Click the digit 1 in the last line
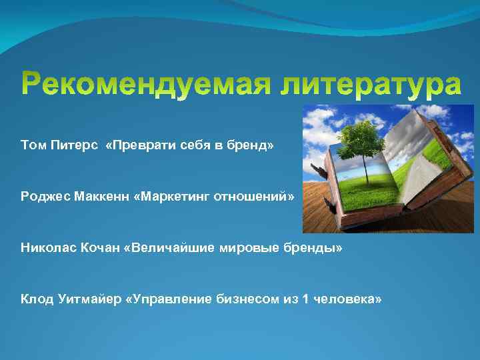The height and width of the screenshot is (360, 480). tap(305, 299)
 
